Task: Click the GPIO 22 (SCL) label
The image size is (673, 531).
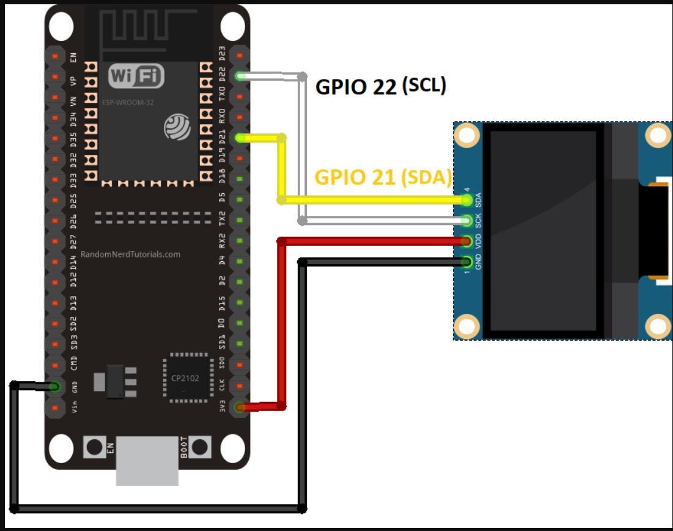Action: tap(380, 86)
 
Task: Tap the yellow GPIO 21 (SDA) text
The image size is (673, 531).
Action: tap(383, 177)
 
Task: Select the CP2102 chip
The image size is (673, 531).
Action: tap(185, 377)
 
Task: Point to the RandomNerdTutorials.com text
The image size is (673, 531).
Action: tap(130, 254)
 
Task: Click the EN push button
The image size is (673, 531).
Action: tap(94, 447)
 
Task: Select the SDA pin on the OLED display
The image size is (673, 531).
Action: tap(468, 199)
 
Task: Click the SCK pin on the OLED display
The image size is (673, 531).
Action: tap(468, 220)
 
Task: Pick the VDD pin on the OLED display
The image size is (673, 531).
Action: tap(468, 241)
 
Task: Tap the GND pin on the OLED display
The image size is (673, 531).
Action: tap(468, 262)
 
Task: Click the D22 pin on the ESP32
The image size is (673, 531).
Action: tap(240, 76)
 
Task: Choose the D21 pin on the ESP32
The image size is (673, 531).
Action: tap(240, 138)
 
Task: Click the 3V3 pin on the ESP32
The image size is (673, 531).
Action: tap(240, 407)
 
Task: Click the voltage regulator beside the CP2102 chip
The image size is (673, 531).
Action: tap(114, 382)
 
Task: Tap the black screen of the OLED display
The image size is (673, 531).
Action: tap(543, 230)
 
